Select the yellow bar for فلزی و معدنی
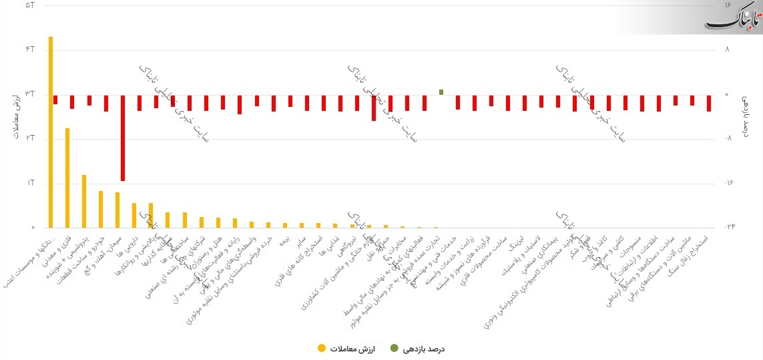coord(67,178)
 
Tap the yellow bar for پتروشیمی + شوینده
coord(84,201)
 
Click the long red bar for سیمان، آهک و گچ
coord(123,138)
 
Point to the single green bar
coord(441,92)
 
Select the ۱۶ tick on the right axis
coord(730,5)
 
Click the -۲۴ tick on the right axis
coord(730,226)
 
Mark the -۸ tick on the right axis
coord(730,138)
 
